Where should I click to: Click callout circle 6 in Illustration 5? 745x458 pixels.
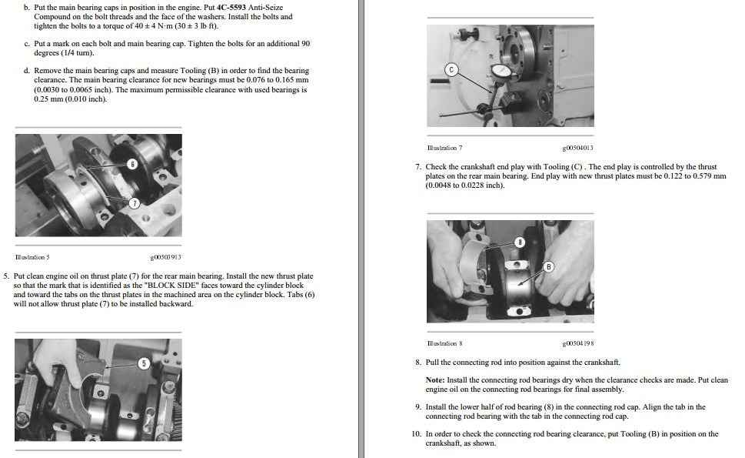[x=132, y=164]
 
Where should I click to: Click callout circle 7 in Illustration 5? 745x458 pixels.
[x=135, y=203]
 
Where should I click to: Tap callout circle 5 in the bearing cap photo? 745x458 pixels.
[x=144, y=364]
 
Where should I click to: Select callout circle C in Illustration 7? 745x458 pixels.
[x=451, y=70]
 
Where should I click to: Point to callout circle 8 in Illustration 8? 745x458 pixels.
[x=520, y=242]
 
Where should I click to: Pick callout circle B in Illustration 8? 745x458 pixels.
[x=548, y=267]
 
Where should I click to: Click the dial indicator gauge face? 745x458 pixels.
[x=499, y=72]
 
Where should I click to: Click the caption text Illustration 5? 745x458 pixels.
[x=32, y=257]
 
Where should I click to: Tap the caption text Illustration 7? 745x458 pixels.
[x=444, y=148]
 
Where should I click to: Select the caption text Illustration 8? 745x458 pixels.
[x=444, y=343]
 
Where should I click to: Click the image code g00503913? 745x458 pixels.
[x=166, y=257]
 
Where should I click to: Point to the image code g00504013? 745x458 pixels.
[x=577, y=148]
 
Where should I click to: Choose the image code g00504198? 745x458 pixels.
[x=577, y=343]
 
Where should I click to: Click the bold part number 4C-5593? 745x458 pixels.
[x=231, y=8]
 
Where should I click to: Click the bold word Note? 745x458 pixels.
[x=435, y=380]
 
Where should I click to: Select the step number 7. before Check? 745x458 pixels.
[x=418, y=167]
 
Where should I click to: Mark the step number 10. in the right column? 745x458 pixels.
[x=416, y=433]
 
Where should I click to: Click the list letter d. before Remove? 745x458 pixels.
[x=27, y=70]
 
